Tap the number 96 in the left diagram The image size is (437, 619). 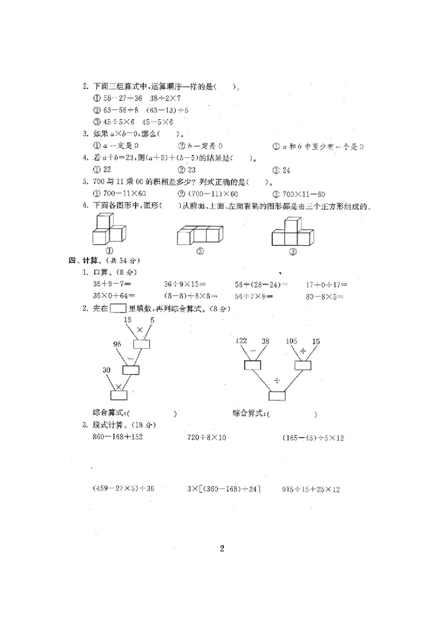pyautogui.click(x=117, y=344)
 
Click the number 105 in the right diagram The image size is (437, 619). pyautogui.click(x=292, y=341)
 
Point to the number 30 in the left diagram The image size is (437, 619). pyautogui.click(x=107, y=370)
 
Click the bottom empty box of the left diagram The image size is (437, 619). pyautogui.click(x=118, y=395)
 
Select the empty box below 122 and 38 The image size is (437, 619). pyautogui.click(x=253, y=365)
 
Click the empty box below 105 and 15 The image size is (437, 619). pyautogui.click(x=303, y=365)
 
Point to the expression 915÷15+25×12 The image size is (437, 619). pyautogui.click(x=311, y=489)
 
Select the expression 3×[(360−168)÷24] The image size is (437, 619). pyautogui.click(x=224, y=489)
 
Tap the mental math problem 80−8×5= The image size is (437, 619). pyautogui.click(x=325, y=296)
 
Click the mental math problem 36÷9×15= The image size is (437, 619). pyautogui.click(x=185, y=285)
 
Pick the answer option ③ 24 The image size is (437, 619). pyautogui.click(x=282, y=170)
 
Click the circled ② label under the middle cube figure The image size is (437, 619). pyautogui.click(x=200, y=251)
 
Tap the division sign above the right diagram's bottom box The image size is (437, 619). pyautogui.click(x=277, y=380)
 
